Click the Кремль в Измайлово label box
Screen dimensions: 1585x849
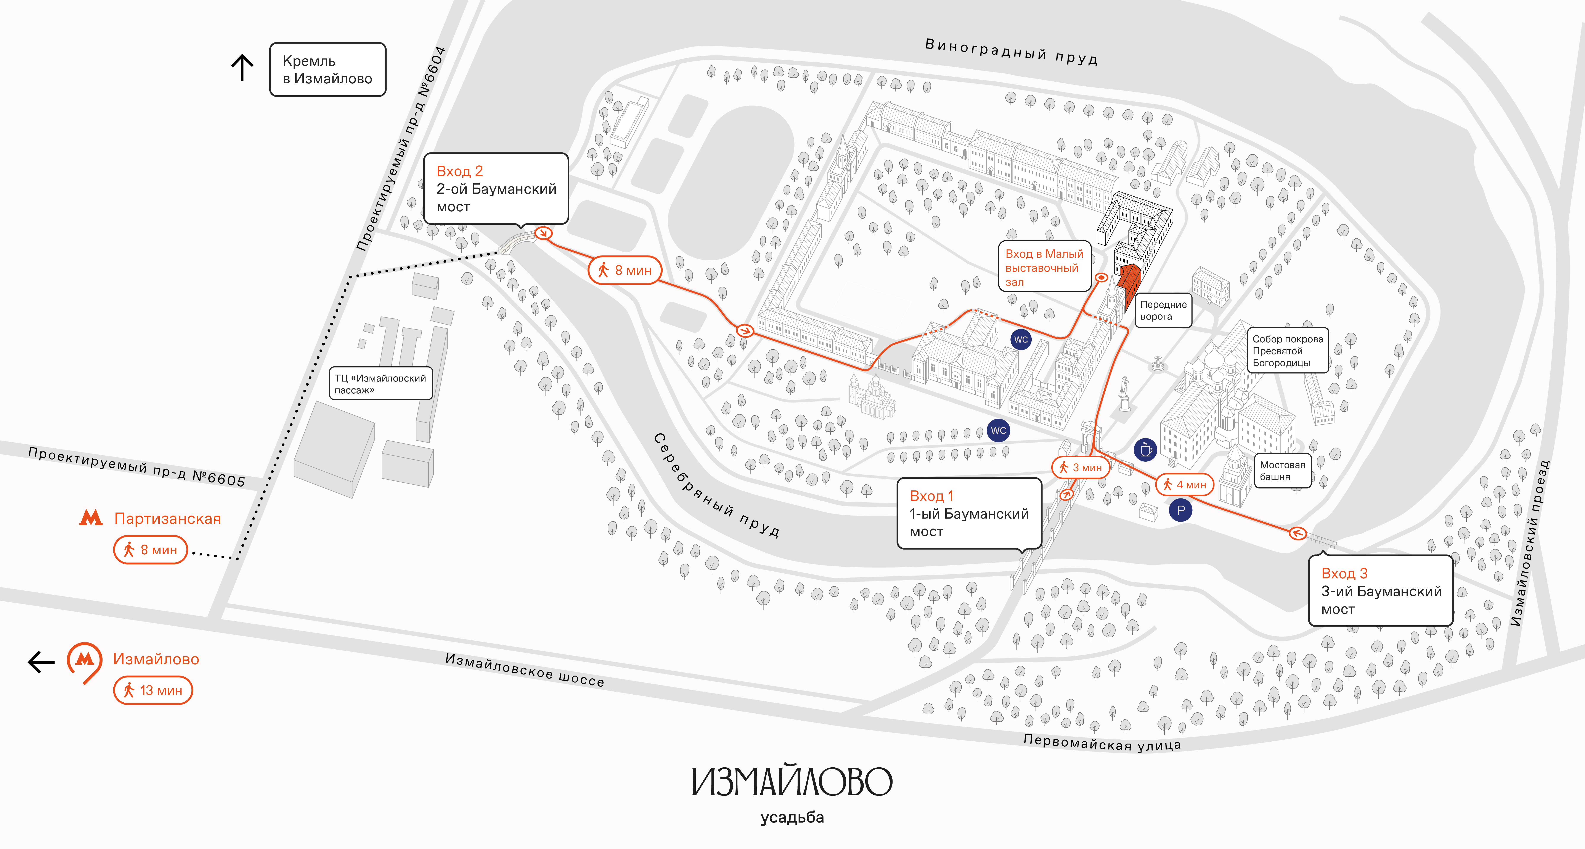pos(327,70)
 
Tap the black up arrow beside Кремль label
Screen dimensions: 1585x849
pos(242,68)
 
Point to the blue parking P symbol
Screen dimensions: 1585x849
pos(1180,510)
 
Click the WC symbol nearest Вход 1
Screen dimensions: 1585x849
pos(998,430)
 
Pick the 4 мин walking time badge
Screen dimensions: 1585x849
pos(1184,485)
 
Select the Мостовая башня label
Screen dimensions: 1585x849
pos(1282,471)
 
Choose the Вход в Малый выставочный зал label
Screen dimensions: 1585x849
pos(1044,268)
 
